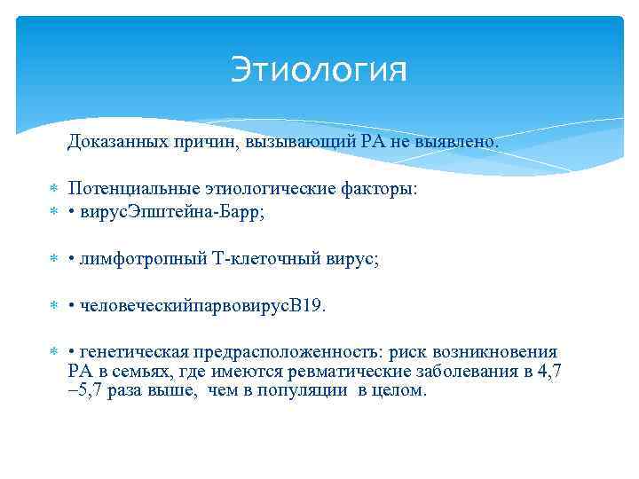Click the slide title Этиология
pyautogui.click(x=319, y=70)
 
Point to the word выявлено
pyautogui.click(x=463, y=141)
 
